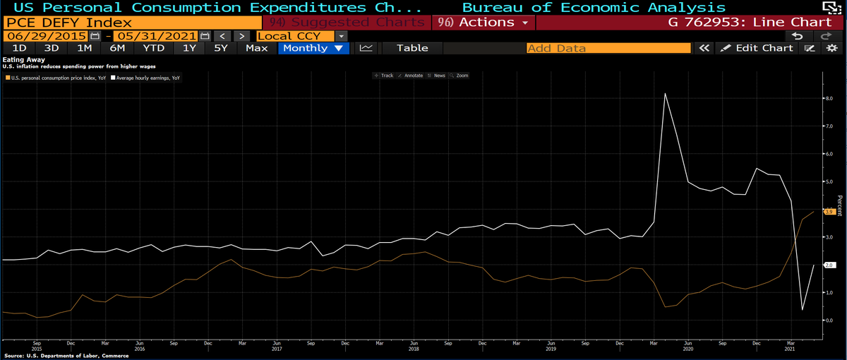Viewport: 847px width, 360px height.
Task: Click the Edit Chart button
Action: pos(757,48)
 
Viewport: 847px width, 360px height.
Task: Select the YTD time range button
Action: pos(153,48)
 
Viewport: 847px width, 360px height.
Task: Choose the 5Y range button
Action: pos(221,48)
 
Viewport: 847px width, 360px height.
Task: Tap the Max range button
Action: pos(256,48)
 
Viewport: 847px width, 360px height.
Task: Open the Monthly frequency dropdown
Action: pos(312,48)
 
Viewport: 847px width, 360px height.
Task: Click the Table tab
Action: pos(412,48)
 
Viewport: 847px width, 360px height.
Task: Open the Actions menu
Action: pos(483,22)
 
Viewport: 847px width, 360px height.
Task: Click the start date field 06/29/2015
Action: pos(47,35)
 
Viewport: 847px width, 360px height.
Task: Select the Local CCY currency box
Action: pos(296,35)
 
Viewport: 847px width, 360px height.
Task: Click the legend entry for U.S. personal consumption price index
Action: pos(56,78)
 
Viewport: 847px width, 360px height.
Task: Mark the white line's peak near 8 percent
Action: pos(665,93)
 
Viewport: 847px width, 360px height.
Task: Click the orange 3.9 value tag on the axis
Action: pos(829,211)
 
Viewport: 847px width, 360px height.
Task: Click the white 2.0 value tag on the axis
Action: pos(829,265)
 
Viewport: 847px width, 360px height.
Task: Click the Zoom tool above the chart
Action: pos(459,76)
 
